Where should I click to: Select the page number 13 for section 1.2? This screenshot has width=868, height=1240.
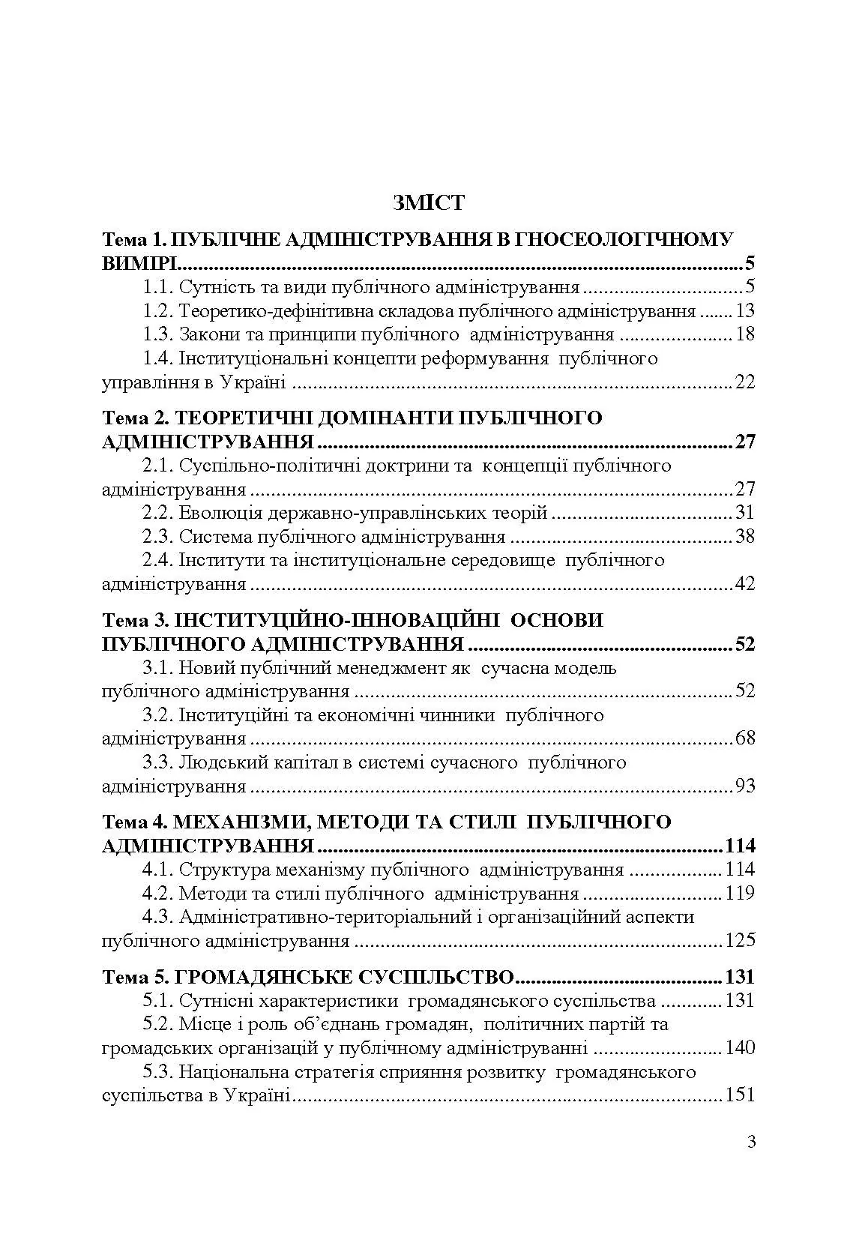coord(745,311)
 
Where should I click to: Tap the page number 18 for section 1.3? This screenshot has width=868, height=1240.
coord(745,335)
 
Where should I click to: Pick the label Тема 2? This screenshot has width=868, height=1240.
coord(132,418)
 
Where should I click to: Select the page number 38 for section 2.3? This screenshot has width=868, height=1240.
coord(745,537)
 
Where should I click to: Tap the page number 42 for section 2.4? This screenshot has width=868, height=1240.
coord(745,584)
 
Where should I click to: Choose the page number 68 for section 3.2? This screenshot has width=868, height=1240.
coord(745,738)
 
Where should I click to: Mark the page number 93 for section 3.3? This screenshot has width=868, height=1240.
coord(745,786)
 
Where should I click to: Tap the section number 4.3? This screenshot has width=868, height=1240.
coord(158,917)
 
